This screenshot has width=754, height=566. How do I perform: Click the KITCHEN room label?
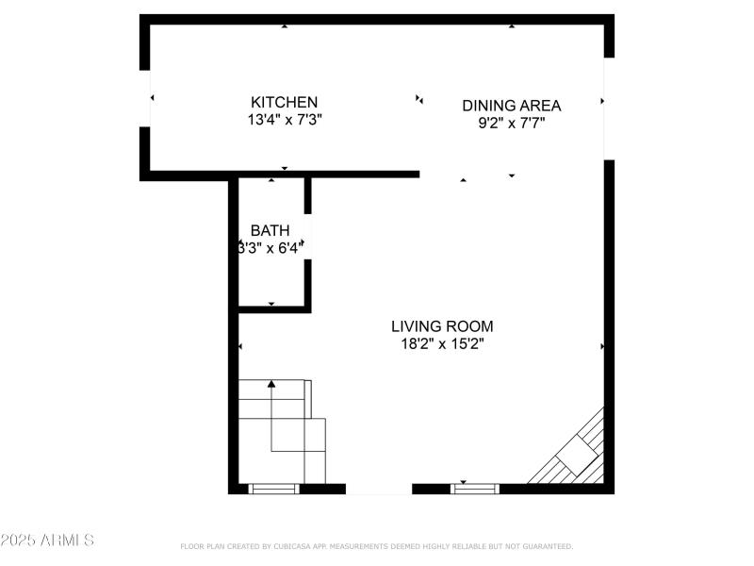pos(284,102)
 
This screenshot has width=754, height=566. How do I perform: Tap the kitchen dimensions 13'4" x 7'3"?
pos(284,120)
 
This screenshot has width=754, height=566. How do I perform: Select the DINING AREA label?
pos(511,105)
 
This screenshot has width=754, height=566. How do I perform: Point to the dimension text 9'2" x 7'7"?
pos(511,123)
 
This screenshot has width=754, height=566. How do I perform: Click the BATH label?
pos(270,230)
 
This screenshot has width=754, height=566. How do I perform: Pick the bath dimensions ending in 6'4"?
pos(270,248)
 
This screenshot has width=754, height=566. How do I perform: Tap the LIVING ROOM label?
pos(442,326)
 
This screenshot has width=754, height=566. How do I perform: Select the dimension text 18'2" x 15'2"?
pos(442,344)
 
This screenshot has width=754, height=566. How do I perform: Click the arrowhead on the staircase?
pos(271,384)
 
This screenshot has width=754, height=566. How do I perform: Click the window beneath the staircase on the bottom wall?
pos(273,488)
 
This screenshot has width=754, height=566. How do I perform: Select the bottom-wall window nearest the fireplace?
pos(474,488)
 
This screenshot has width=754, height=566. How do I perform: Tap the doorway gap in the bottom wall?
pos(379,489)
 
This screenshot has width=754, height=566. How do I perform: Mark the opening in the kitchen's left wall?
pos(145,98)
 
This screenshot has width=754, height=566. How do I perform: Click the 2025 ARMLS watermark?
pos(47,541)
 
